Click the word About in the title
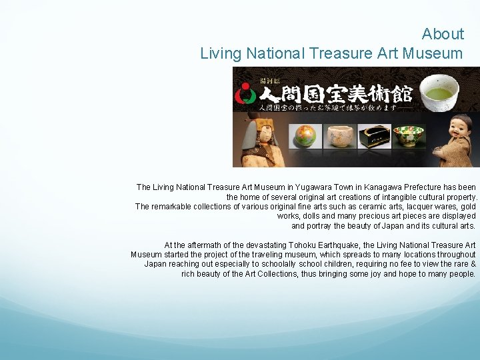[x=443, y=34]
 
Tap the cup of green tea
[x=439, y=91]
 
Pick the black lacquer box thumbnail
[x=373, y=137]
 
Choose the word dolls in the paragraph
[x=314, y=216]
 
